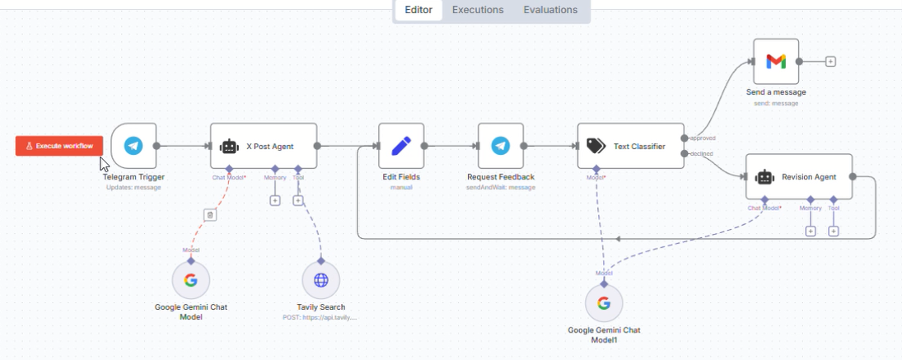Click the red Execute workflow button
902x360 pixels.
[59, 146]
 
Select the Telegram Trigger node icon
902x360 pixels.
[133, 146]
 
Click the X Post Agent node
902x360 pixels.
[263, 146]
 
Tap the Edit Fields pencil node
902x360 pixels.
[401, 146]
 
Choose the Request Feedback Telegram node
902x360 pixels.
[500, 146]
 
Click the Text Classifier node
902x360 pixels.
[630, 146]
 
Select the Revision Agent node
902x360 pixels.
[798, 176]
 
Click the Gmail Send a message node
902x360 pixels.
[776, 61]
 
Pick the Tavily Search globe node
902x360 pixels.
[320, 280]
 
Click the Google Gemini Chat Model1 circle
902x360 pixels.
[604, 303]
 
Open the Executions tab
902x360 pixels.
[478, 10]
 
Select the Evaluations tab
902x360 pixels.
[550, 10]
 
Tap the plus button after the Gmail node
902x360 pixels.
[830, 61]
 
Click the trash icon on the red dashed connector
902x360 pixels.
[210, 215]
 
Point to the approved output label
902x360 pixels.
[702, 138]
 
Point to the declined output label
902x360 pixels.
[702, 153]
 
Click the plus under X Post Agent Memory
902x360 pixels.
[275, 200]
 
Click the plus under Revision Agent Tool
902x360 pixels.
[833, 231]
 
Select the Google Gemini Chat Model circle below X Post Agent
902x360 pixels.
[190, 280]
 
